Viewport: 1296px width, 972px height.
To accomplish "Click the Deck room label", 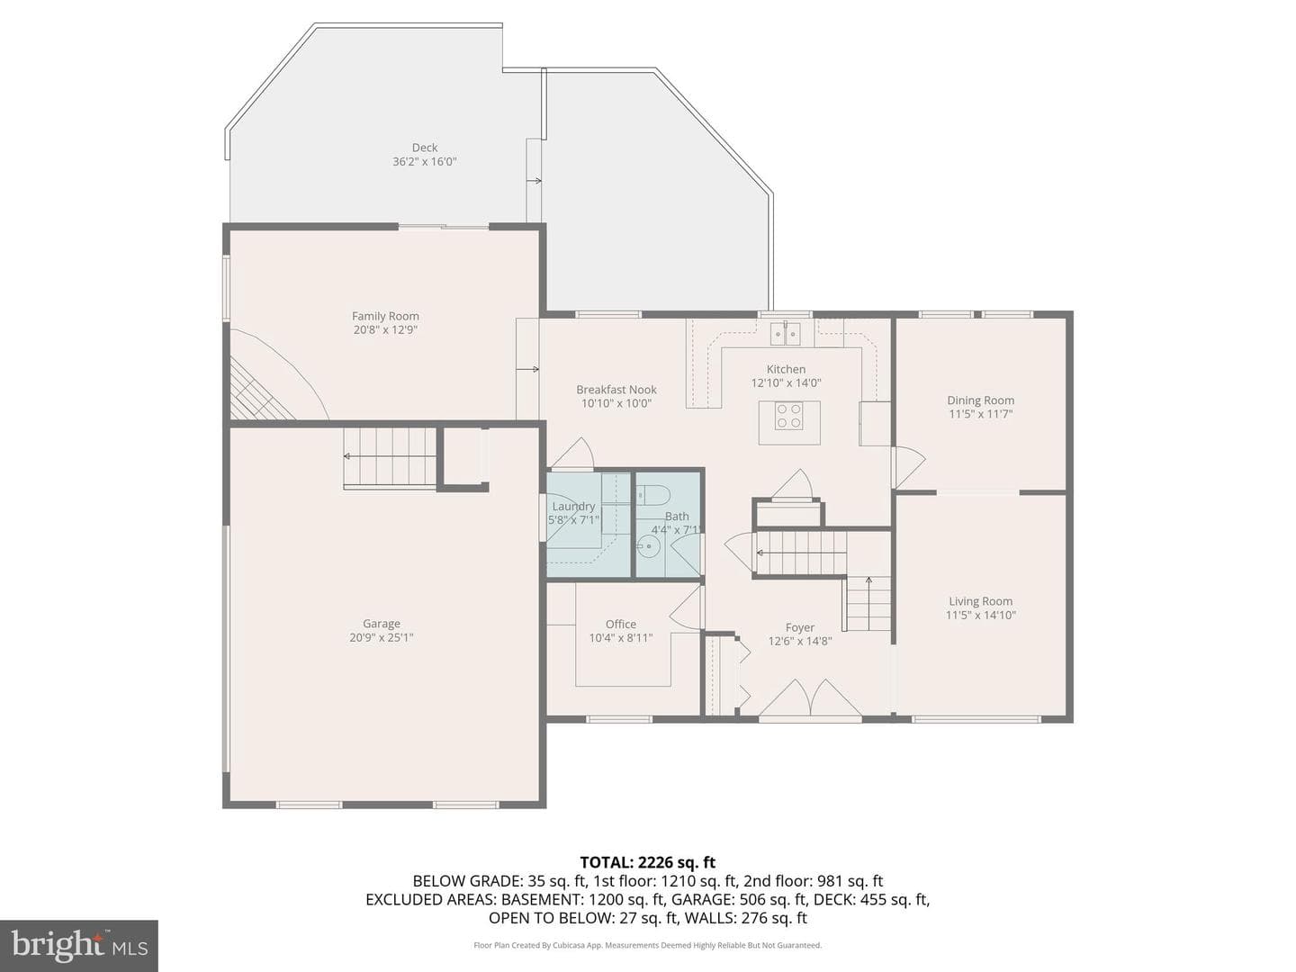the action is click(425, 148).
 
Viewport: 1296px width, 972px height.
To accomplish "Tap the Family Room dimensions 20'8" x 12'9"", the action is click(385, 330).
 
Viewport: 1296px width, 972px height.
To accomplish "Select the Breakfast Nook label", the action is click(616, 390).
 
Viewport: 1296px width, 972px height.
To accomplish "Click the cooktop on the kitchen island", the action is click(788, 416).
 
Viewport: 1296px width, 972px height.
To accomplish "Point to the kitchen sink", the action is click(785, 334).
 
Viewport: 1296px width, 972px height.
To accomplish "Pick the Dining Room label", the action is click(981, 400).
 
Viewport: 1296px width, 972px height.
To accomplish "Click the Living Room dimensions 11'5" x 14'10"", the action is click(981, 615).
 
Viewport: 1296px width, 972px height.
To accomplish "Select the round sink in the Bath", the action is click(648, 547).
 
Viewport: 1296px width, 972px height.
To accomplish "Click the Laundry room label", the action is click(573, 507).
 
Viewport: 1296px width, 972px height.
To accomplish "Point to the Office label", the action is click(620, 624).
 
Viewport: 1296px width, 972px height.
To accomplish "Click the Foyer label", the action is click(799, 627).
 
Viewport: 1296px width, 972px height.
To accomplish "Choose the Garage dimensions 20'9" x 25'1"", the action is click(382, 637).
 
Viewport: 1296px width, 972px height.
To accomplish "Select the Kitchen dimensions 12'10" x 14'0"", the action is click(786, 383).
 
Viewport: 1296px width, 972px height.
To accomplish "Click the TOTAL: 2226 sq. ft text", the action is click(648, 862).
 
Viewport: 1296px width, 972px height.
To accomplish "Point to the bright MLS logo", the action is click(78, 945).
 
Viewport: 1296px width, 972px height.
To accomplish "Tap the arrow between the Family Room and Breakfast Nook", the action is click(527, 369).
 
